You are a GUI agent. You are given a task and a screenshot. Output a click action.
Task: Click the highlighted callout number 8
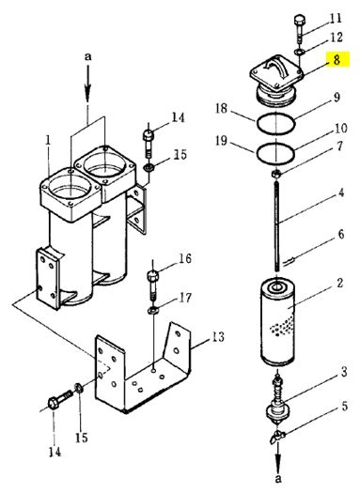tap(337, 59)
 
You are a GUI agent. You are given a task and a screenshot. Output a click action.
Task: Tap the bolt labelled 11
tap(299, 29)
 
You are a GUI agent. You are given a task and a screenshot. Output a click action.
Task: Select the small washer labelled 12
tap(299, 52)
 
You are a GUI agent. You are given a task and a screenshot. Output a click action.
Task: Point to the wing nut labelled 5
tap(277, 436)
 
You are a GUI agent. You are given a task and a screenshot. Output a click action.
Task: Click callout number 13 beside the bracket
tap(217, 337)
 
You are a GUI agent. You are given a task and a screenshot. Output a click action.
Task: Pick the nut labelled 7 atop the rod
tap(276, 174)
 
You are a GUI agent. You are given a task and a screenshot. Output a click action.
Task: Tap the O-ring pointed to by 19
tap(275, 153)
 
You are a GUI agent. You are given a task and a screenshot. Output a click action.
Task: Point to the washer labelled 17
tap(153, 311)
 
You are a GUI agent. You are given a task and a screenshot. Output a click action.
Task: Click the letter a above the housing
tap(87, 56)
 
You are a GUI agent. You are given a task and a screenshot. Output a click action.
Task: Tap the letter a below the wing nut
tap(278, 479)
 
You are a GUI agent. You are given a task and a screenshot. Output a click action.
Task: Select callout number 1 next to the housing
tap(48, 141)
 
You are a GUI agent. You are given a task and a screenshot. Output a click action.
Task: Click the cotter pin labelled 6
tap(289, 261)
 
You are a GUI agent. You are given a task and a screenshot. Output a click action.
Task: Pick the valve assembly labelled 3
tap(277, 399)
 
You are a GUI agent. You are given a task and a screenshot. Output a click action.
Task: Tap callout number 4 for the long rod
tap(341, 193)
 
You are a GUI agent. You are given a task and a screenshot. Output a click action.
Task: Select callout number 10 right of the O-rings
tap(340, 129)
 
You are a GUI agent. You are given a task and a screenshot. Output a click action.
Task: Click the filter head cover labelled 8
tap(276, 79)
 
